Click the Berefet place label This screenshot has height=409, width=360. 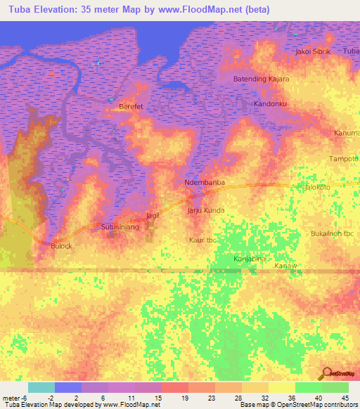pyautogui.click(x=131, y=106)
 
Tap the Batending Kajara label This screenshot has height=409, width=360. pyautogui.click(x=261, y=79)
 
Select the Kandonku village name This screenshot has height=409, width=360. pyautogui.click(x=271, y=104)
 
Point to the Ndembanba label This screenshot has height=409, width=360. pyautogui.click(x=204, y=183)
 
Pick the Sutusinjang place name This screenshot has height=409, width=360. pyautogui.click(x=120, y=228)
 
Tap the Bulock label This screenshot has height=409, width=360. pyautogui.click(x=62, y=246)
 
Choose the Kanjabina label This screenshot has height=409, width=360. pyautogui.click(x=250, y=259)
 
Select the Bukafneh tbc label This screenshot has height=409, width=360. pyautogui.click(x=331, y=233)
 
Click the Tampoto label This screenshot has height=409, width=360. pyautogui.click(x=344, y=159)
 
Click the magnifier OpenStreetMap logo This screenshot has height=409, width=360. pyautogui.click(x=326, y=375)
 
